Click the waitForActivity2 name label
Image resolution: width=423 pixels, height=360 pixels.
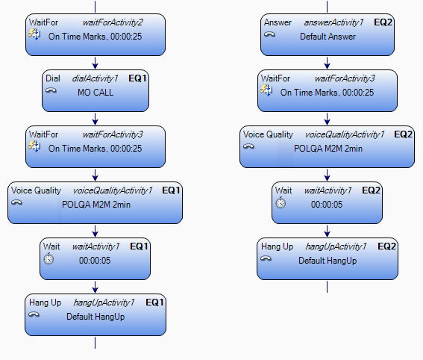113,22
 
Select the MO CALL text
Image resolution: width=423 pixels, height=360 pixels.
95,93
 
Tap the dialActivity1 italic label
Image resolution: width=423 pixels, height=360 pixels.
95,78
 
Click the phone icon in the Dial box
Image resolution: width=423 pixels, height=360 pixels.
51,90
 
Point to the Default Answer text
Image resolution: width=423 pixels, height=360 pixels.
328,37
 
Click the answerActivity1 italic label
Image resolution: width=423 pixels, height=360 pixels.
333,22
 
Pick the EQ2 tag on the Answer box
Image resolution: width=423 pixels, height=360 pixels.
383,22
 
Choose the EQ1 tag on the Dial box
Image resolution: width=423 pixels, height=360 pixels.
137,78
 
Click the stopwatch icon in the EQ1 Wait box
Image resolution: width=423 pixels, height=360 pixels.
48,258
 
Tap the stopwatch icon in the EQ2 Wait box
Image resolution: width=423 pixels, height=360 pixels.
281,202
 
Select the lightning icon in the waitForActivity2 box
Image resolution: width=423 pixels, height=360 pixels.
34,34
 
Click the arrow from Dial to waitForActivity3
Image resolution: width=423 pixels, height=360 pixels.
95,119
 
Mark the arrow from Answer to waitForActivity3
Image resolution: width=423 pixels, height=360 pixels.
328,63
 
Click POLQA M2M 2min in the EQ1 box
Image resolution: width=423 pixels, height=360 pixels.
96,205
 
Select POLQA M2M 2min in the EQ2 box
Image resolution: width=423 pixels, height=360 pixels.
328,149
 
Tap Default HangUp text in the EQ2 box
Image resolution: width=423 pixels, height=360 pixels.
328,261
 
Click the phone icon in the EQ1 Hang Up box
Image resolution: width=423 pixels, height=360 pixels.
34,314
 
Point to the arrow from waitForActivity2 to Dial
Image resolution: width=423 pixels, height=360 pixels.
95,63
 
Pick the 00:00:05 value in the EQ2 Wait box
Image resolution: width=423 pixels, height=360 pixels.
327,205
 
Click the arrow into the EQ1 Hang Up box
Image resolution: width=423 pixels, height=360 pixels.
95,287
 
